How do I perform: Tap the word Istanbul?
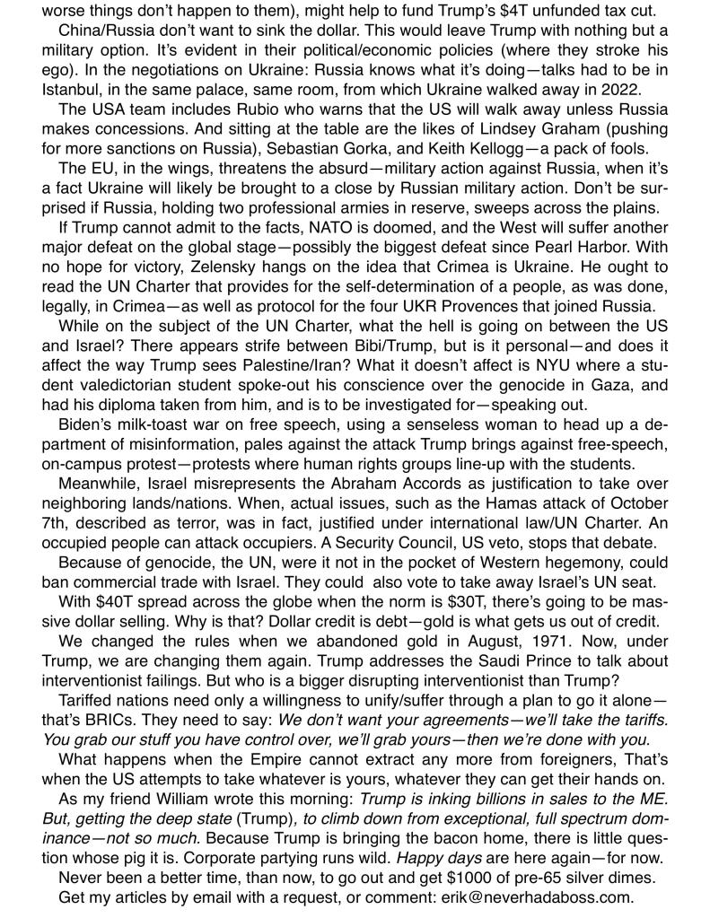pos(75,90)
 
